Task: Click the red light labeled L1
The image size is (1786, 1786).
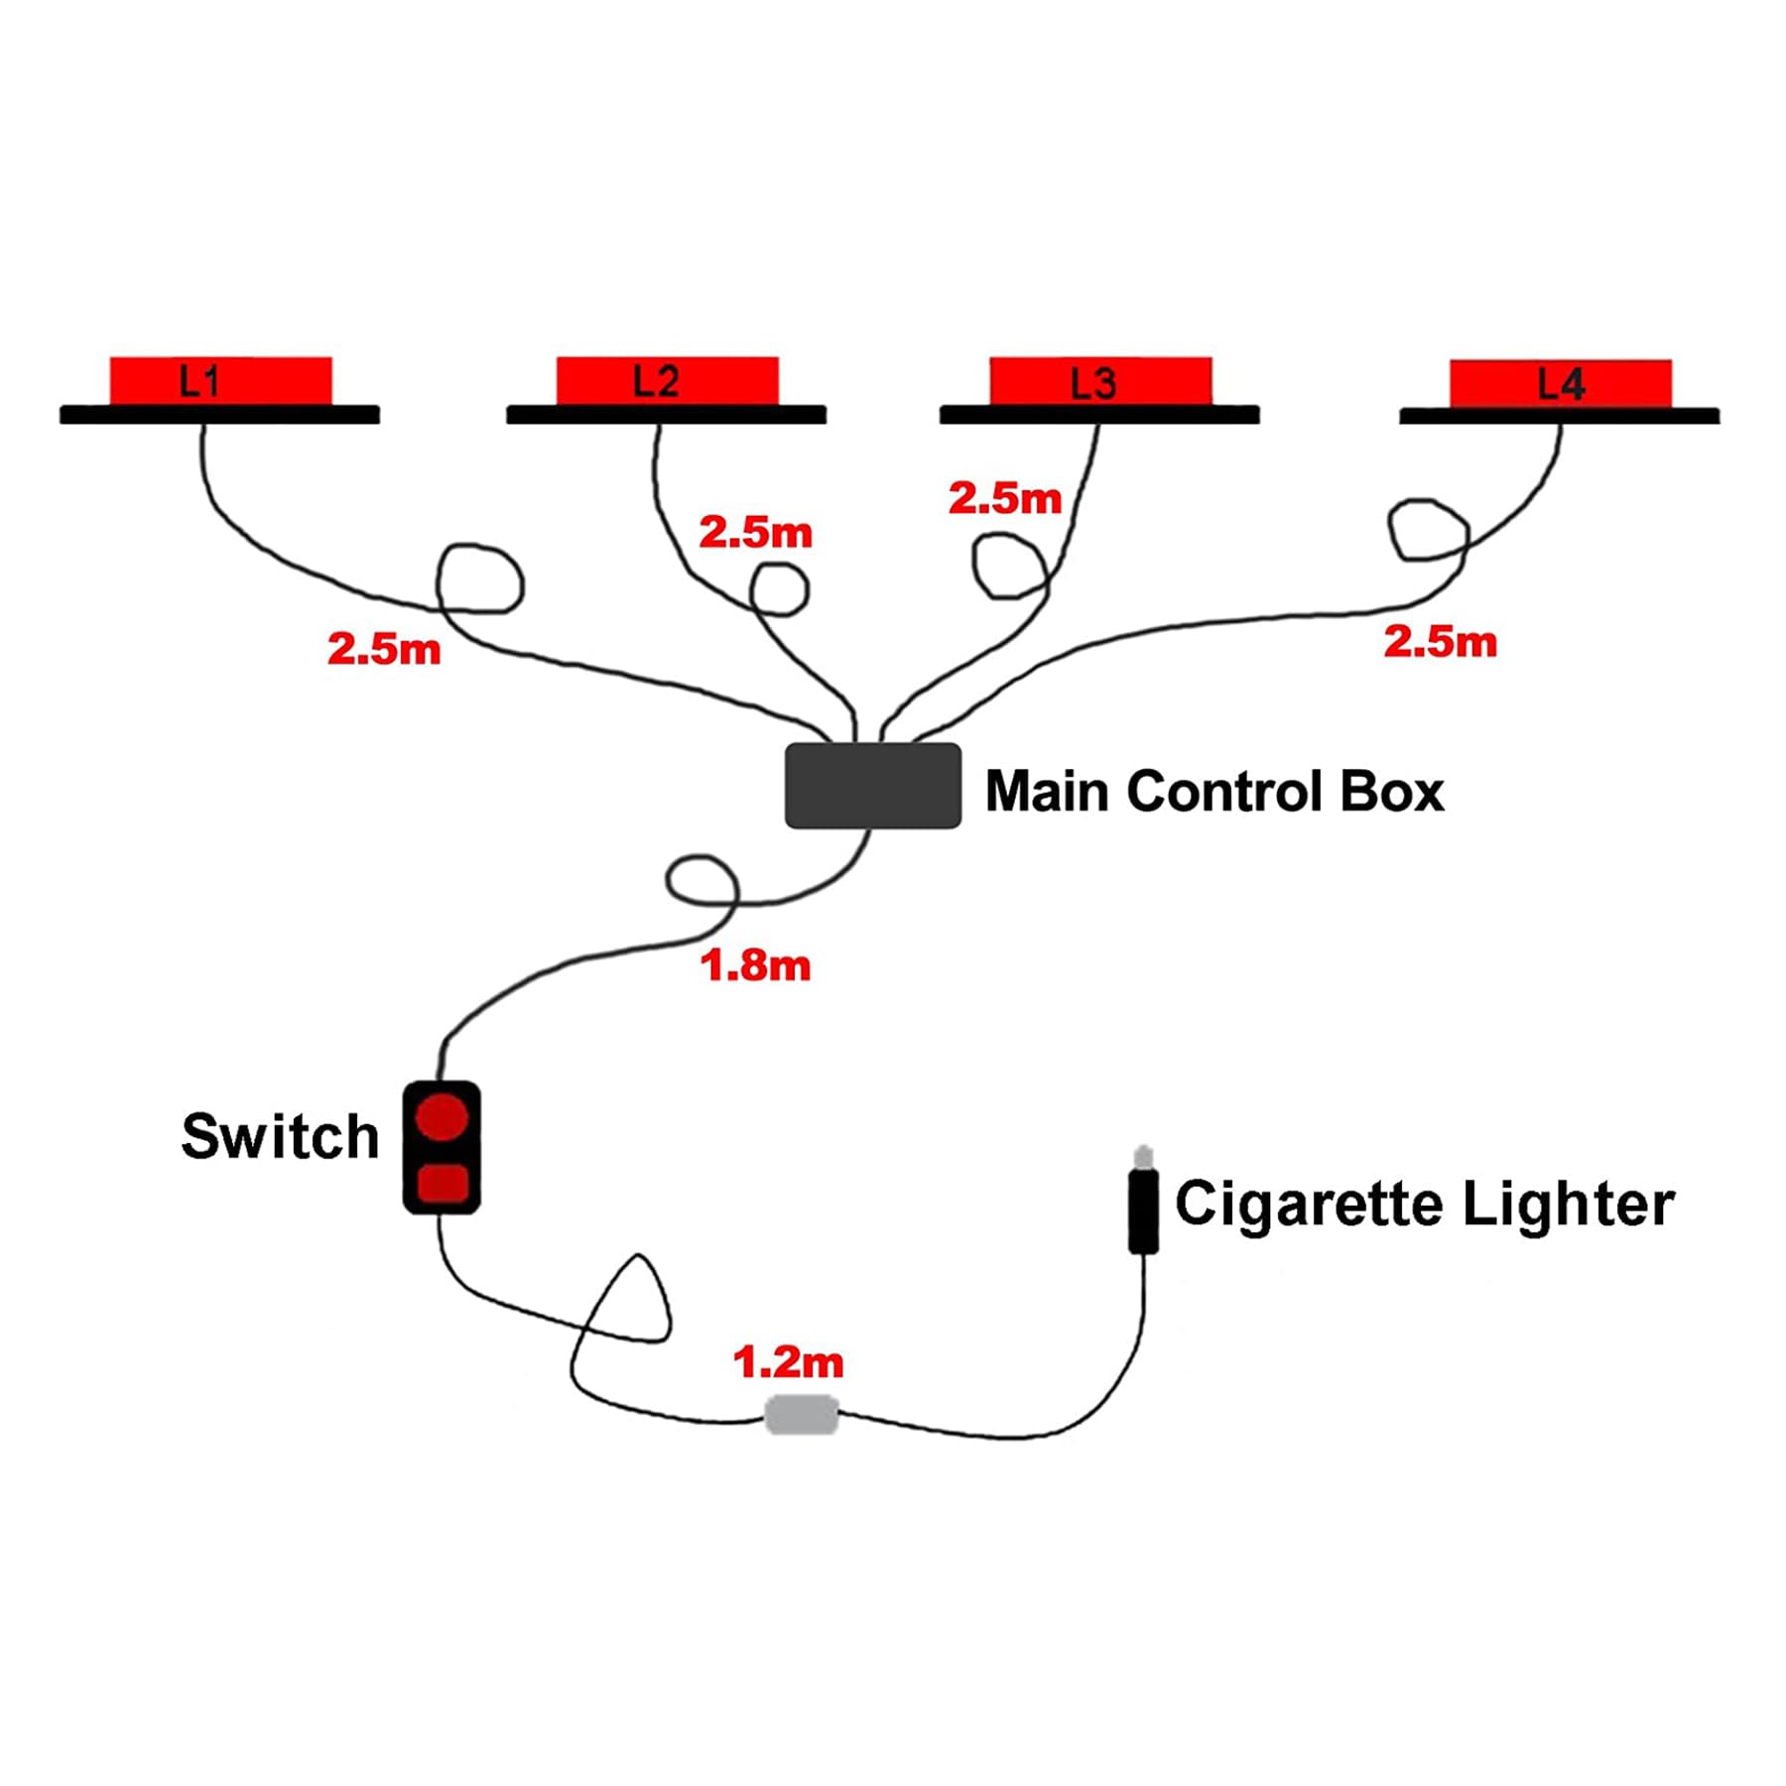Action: (x=220, y=381)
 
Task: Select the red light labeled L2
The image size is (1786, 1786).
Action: (x=667, y=381)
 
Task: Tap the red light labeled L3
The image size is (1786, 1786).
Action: (x=1100, y=382)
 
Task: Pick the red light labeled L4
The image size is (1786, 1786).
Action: (x=1560, y=384)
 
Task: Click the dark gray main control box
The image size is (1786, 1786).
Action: (x=872, y=786)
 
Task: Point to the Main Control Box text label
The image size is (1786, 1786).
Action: (x=1213, y=792)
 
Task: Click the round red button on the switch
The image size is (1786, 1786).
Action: (x=442, y=1116)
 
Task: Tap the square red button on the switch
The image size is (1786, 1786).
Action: (x=443, y=1184)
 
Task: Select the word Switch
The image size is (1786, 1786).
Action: (x=280, y=1136)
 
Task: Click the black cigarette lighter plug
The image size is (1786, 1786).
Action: (x=1143, y=1211)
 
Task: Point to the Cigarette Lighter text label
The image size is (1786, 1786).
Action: (x=1425, y=1204)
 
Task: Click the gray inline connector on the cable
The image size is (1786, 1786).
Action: (x=802, y=1415)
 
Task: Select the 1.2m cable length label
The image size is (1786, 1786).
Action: (x=788, y=1362)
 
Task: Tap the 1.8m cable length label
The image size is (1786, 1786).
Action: (x=755, y=965)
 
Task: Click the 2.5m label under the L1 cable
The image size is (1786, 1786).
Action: (x=384, y=649)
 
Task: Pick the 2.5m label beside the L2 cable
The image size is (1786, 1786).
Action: (x=755, y=533)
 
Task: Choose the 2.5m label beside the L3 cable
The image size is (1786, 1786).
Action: (x=1005, y=498)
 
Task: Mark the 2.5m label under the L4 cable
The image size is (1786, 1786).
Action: (x=1440, y=642)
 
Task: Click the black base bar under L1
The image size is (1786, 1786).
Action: (x=219, y=415)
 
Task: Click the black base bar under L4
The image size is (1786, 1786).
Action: (x=1559, y=416)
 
